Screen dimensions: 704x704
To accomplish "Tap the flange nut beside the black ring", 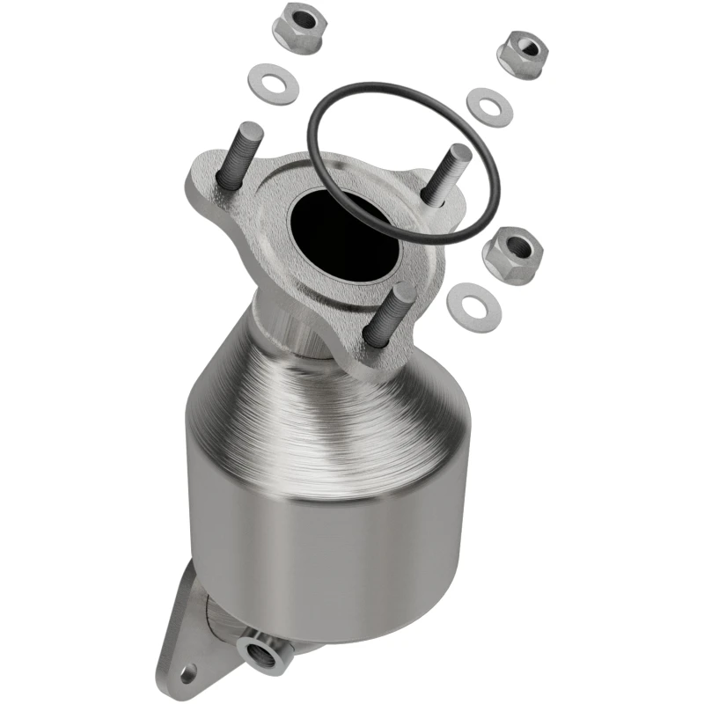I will point(512,254).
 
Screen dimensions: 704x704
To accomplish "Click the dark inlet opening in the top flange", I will point(353,230).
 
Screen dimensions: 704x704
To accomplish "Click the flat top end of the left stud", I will point(251,128).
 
